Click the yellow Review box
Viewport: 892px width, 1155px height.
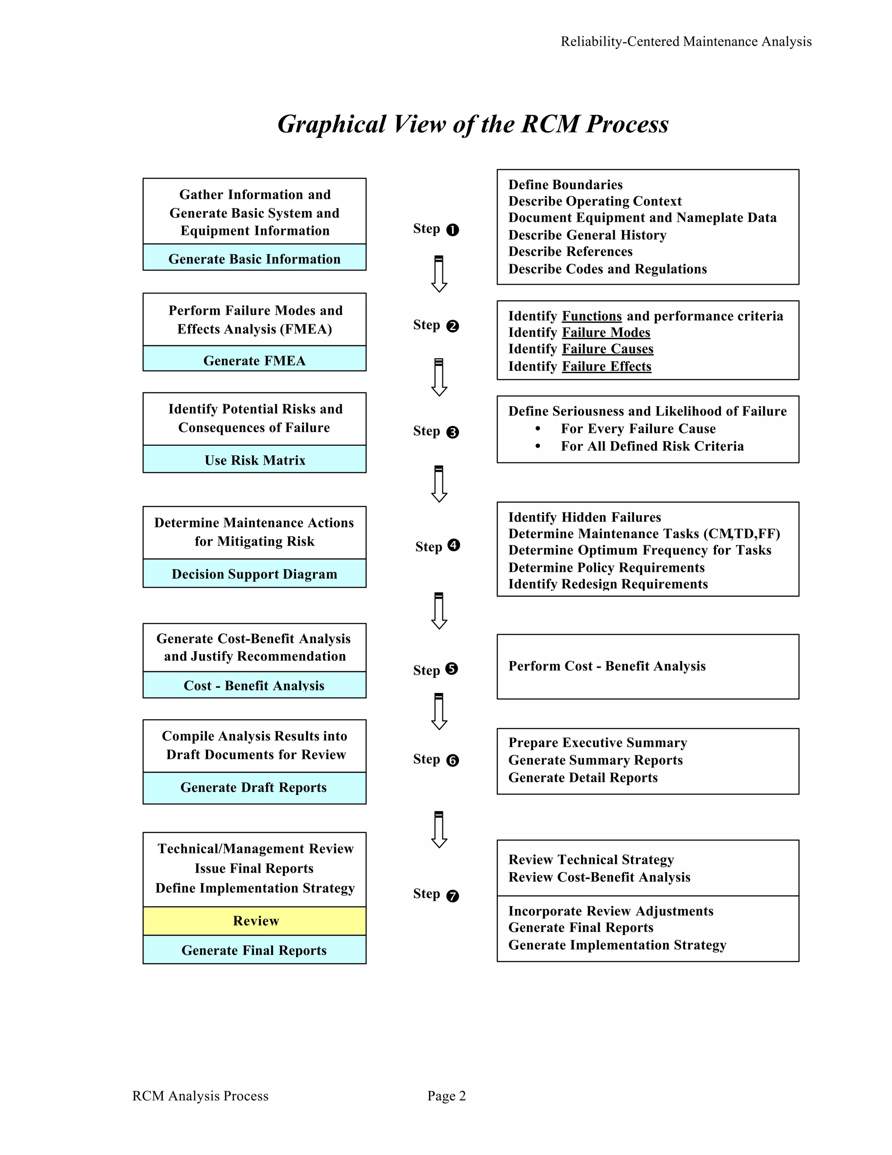(x=254, y=921)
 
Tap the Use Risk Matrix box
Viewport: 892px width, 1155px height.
(x=254, y=459)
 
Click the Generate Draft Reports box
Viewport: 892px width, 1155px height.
(x=254, y=788)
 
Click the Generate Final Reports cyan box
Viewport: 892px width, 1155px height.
(x=254, y=950)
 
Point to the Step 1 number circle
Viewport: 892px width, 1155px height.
(x=453, y=230)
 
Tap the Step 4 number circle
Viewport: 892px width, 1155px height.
(x=453, y=545)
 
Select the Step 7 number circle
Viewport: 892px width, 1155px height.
(x=453, y=896)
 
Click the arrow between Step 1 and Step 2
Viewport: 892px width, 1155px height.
(x=439, y=274)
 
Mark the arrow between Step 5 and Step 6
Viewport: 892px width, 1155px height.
(x=439, y=711)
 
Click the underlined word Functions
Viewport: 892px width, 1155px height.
(x=591, y=316)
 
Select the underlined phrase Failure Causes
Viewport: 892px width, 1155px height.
(x=607, y=349)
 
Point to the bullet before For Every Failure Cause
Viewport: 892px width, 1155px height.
(x=538, y=429)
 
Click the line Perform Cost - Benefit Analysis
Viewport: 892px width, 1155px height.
(x=607, y=666)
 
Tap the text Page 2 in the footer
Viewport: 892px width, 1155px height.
(x=446, y=1096)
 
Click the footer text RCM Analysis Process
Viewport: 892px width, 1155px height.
(x=200, y=1096)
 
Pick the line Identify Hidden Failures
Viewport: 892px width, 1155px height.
(x=585, y=517)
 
